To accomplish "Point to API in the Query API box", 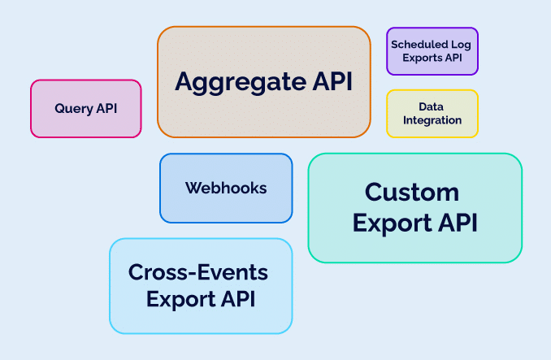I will (106, 108).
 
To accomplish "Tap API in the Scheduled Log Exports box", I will (455, 58).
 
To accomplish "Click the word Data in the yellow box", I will (432, 106).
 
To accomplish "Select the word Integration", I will (432, 120).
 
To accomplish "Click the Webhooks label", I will (226, 188).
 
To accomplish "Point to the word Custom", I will (412, 193).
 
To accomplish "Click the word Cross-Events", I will (198, 271).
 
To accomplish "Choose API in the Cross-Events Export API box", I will (240, 298).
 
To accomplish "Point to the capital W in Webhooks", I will (193, 188).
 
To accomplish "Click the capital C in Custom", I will (374, 193).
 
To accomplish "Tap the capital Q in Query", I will (59, 108).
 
